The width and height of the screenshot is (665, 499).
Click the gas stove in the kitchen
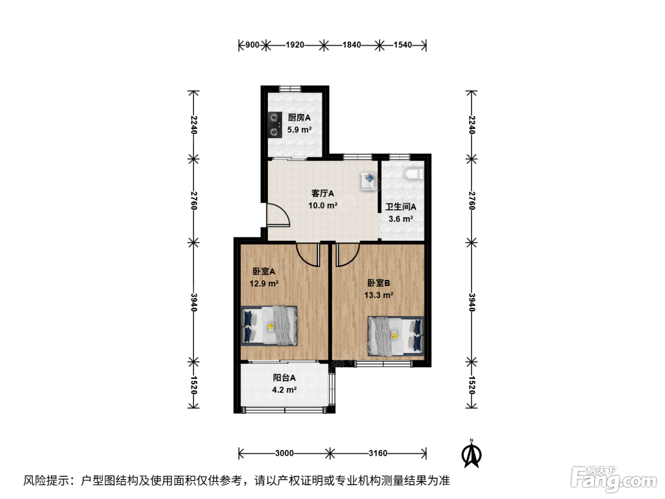(275, 125)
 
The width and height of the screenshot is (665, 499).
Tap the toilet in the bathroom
(414, 174)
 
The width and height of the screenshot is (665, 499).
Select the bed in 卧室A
(269, 326)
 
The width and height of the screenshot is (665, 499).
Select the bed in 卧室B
(396, 336)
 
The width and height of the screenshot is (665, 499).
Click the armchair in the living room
(369, 181)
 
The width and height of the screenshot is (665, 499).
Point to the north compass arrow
(471, 454)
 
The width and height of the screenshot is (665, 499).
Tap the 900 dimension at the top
(252, 45)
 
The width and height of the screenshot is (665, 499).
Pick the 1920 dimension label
(295, 45)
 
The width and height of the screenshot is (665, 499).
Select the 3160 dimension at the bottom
(378, 453)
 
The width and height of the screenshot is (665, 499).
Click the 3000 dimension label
(284, 453)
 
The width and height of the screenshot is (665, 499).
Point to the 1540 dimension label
(403, 45)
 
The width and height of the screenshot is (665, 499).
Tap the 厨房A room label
(299, 117)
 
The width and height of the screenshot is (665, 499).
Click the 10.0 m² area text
(323, 205)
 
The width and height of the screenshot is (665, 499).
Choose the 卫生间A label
(400, 207)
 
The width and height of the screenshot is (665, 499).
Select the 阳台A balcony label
(284, 378)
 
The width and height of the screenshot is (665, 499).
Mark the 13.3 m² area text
(379, 295)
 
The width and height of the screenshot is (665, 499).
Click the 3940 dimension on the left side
(194, 302)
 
